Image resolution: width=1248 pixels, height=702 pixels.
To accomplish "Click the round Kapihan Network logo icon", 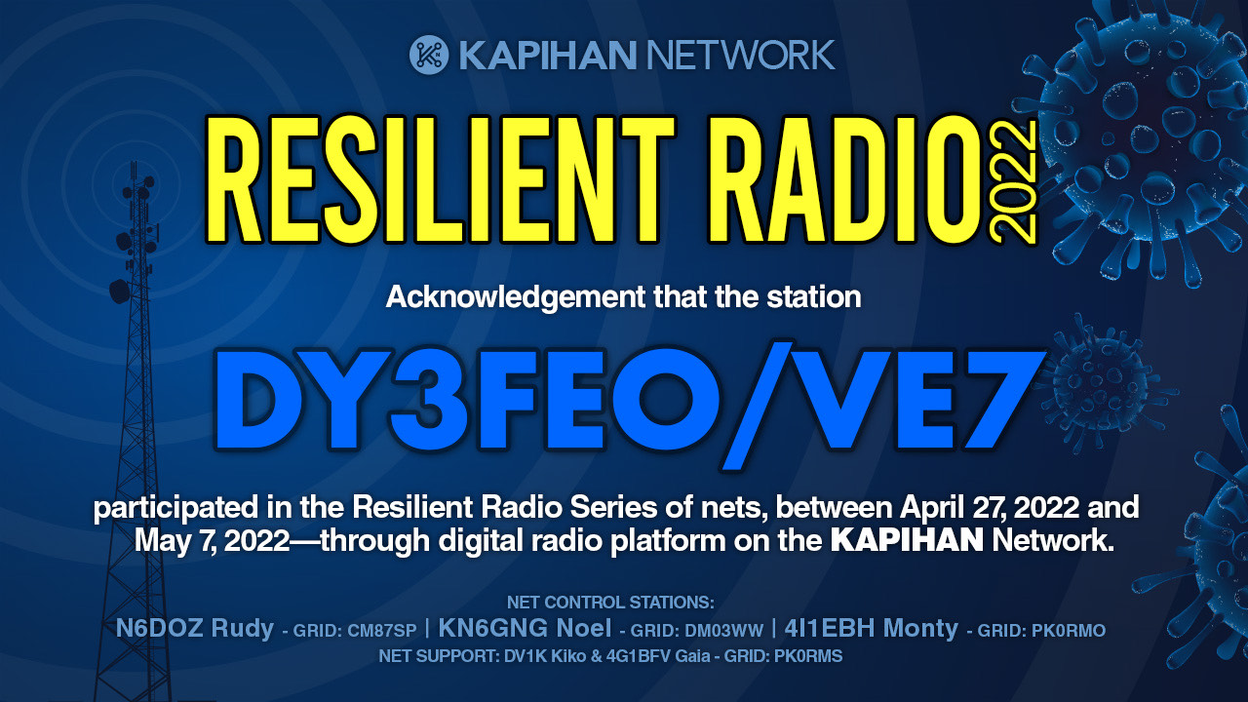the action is pyautogui.click(x=429, y=55).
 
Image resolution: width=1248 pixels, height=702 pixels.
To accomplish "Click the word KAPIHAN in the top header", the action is pyautogui.click(x=547, y=56).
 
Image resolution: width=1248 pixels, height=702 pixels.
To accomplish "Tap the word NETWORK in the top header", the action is pyautogui.click(x=740, y=56).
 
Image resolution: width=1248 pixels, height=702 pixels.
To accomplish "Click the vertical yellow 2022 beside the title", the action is pyautogui.click(x=1013, y=182).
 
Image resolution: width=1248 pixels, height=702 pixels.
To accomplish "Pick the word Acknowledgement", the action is pyautogui.click(x=515, y=297).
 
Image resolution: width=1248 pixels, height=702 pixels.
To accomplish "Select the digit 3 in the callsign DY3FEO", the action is pyautogui.click(x=428, y=400).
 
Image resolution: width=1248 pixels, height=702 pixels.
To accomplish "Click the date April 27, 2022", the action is pyautogui.click(x=990, y=508).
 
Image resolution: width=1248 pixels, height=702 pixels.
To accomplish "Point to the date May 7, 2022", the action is pyautogui.click(x=212, y=541).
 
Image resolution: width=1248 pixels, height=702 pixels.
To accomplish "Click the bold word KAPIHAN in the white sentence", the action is pyautogui.click(x=907, y=540).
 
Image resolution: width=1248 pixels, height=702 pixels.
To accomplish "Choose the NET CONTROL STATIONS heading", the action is pyautogui.click(x=610, y=603).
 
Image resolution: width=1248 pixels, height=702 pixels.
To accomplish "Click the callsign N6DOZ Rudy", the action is pyautogui.click(x=194, y=629).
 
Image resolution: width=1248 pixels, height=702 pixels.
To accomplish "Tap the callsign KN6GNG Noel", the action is pyautogui.click(x=525, y=629).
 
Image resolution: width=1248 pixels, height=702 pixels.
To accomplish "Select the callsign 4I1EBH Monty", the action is pyautogui.click(x=871, y=629).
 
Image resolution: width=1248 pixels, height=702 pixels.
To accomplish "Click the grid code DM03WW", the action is pyautogui.click(x=723, y=631).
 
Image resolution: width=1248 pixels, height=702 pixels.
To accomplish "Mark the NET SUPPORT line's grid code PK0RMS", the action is pyautogui.click(x=808, y=656).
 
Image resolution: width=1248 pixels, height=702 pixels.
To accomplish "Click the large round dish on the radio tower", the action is pyautogui.click(x=119, y=291).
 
